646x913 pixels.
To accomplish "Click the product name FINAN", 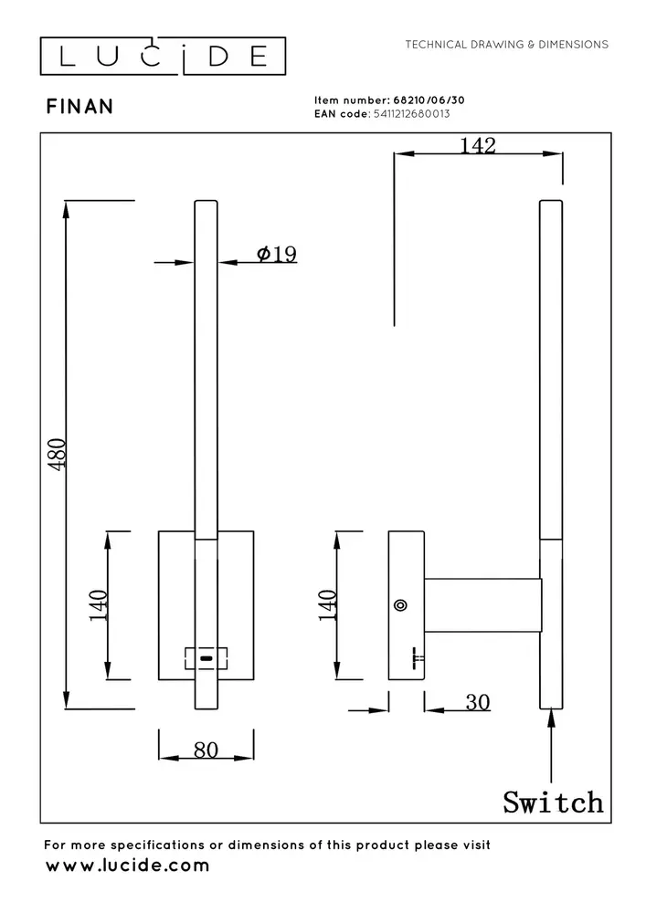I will (x=79, y=107).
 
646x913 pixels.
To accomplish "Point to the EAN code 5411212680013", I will (x=410, y=114).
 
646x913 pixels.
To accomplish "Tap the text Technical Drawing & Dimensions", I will (x=506, y=44).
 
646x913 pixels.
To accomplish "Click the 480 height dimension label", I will (x=58, y=454).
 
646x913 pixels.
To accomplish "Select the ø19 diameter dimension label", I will (x=277, y=254).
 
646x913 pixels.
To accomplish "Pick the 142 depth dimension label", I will (x=477, y=145).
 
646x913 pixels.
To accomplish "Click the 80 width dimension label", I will (x=206, y=750).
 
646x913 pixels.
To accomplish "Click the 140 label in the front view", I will (x=99, y=604).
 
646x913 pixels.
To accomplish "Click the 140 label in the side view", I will (x=327, y=604).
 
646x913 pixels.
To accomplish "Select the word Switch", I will (x=553, y=802).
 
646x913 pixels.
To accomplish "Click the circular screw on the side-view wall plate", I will (x=399, y=604).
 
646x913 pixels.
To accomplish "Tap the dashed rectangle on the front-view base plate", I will (x=207, y=657).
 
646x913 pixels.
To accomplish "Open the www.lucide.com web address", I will (x=127, y=865).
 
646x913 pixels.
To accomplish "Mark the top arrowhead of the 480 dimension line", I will (x=67, y=209).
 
